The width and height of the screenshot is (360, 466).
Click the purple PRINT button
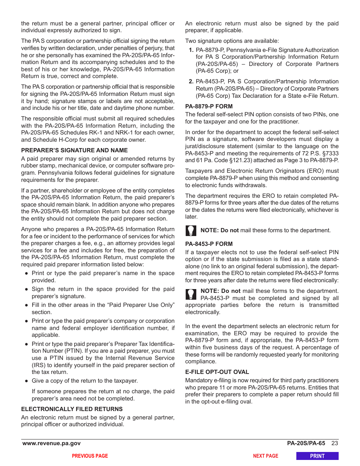[x=317, y=456]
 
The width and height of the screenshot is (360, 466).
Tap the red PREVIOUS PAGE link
[x=90, y=456]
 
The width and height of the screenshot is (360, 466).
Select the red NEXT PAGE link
[x=265, y=456]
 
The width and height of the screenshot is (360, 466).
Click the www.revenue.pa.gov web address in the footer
[x=52, y=443]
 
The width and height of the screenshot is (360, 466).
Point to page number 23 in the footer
[x=334, y=443]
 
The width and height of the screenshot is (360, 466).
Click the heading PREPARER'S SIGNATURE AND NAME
[x=74, y=150]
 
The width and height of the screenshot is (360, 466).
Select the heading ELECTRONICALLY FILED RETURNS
[x=72, y=409]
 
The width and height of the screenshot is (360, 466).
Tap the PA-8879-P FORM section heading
[x=209, y=106]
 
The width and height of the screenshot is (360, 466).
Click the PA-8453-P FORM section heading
[x=209, y=244]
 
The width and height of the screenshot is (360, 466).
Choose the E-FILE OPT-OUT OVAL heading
[x=217, y=372]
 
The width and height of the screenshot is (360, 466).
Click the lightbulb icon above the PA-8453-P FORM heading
[x=191, y=230]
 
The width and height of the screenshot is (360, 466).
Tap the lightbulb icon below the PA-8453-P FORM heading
[x=191, y=294]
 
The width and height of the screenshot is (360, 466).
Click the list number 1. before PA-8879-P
[x=191, y=50]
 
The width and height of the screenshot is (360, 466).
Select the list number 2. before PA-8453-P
[x=191, y=81]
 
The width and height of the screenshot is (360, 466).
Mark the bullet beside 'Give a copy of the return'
[x=27, y=381]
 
